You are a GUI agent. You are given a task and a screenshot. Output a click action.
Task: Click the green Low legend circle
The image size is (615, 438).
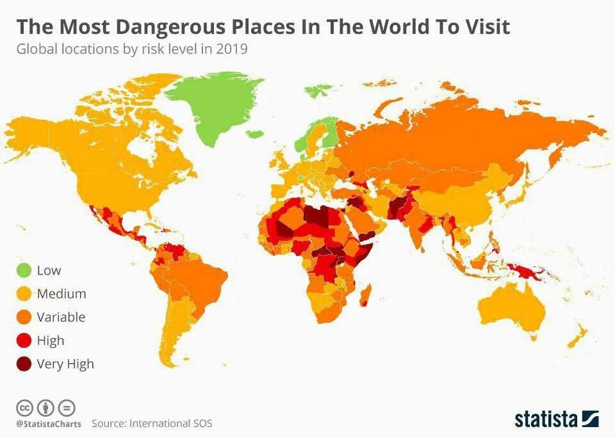24,270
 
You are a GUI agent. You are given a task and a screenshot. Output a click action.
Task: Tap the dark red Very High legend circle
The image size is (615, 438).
24,364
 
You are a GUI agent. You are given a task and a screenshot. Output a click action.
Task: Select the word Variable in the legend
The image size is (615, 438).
61,317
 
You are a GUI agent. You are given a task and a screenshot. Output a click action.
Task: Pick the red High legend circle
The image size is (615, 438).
24,341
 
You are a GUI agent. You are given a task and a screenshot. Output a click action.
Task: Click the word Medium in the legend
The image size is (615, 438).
61,294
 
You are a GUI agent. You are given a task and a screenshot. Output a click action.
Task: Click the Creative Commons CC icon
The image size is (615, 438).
24,407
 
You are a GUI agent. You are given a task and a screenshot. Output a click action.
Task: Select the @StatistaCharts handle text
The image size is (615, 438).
49,424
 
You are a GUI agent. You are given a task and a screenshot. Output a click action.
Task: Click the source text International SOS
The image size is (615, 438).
170,423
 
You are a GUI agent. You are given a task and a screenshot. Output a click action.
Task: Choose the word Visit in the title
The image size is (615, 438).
487,28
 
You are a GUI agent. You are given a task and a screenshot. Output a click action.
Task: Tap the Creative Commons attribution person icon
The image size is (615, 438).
45,407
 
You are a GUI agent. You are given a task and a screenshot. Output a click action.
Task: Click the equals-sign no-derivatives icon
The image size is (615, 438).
67,407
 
